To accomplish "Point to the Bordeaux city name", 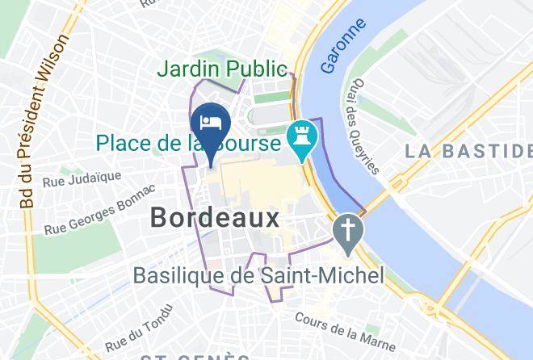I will point(215,217).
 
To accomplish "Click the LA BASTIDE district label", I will point(468,151).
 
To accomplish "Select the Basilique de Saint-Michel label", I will point(259,276).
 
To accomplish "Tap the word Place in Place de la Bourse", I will point(124,144).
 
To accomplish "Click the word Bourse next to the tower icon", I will point(250,144).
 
